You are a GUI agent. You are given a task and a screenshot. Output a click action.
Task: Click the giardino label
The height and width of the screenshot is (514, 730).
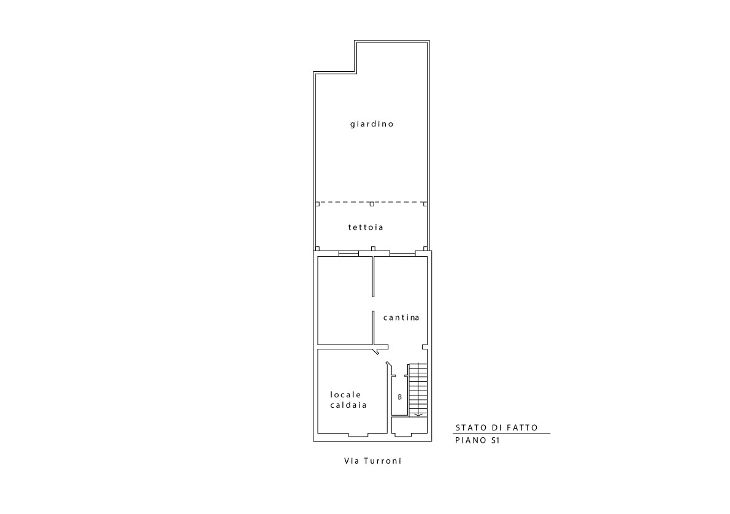point(372,124)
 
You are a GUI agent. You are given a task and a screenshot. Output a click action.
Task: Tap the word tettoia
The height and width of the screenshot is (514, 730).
point(366,227)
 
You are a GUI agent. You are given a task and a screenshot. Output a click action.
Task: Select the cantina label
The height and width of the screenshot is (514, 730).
point(401,318)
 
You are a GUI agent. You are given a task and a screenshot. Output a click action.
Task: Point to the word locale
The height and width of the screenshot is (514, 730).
point(346,395)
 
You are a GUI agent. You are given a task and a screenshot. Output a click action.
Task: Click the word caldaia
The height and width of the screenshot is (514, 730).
point(348,405)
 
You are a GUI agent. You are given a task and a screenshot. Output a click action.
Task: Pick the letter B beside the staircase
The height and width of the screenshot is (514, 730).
point(399,397)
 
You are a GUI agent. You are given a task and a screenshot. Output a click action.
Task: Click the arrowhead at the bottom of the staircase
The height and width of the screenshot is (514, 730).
point(418,415)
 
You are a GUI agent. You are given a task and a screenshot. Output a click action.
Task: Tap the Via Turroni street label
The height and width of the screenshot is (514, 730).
point(373,461)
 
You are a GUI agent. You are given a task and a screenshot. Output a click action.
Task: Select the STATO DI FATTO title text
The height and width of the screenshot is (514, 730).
point(497,428)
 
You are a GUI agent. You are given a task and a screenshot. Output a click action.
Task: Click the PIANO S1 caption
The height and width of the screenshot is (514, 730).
point(477,440)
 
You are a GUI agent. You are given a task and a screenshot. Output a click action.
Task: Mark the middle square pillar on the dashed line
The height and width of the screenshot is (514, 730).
point(372,204)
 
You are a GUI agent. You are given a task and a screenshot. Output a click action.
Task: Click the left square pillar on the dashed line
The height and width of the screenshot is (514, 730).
point(318,204)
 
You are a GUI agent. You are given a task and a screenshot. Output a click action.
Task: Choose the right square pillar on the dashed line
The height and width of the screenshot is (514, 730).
point(425,204)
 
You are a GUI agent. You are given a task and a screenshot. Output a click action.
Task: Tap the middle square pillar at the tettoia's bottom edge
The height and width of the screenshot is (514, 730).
point(372,249)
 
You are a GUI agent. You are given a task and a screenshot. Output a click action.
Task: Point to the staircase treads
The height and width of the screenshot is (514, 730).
point(418,389)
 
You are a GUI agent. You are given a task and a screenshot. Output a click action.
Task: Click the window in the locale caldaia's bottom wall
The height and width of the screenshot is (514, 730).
point(358,435)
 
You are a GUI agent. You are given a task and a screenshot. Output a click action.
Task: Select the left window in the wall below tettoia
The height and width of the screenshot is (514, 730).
point(348,254)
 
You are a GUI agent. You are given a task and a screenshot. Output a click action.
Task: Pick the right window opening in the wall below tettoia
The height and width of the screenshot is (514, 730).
point(402,254)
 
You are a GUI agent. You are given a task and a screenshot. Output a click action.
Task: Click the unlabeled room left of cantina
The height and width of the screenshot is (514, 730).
point(345,300)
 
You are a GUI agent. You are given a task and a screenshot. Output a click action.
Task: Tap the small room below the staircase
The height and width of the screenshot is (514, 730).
point(409,426)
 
